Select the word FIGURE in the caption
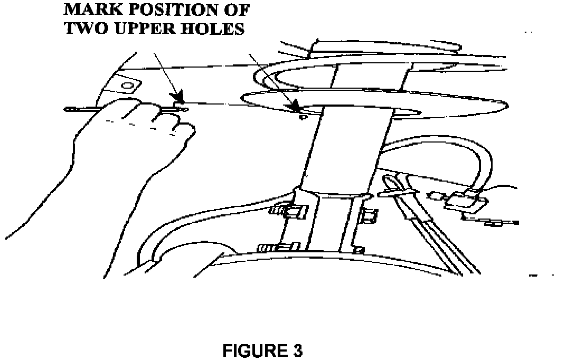[251, 350]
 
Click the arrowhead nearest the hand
[178, 98]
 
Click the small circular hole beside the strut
[303, 118]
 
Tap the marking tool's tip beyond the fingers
[183, 109]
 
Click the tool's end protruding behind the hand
[71, 110]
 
